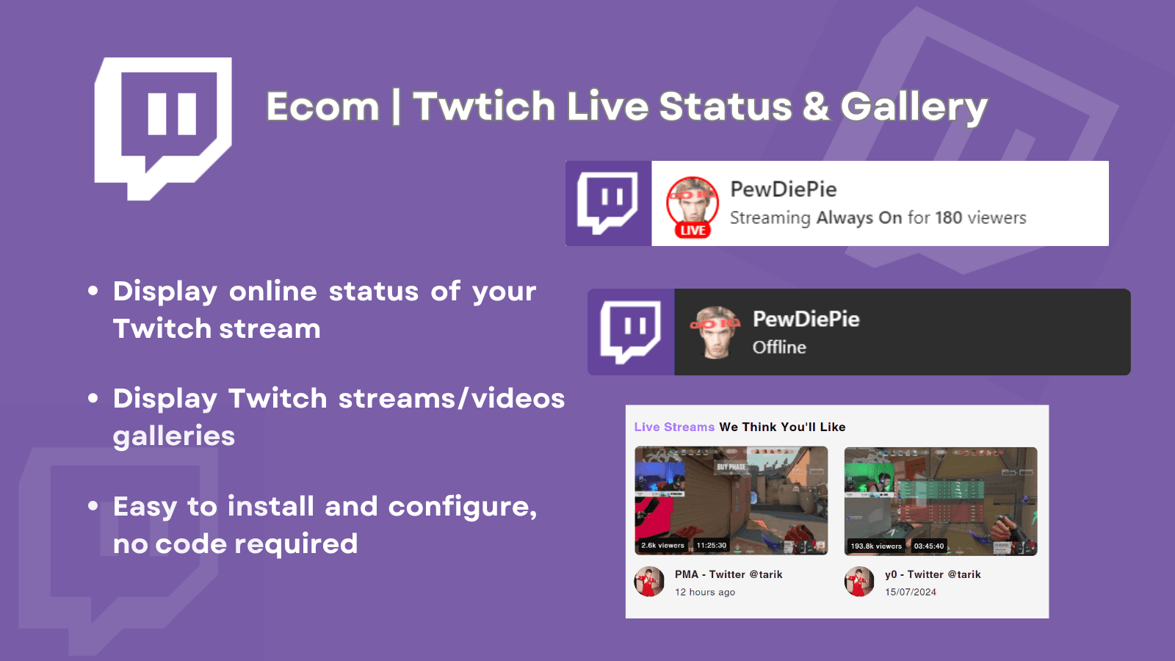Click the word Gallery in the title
coord(914,107)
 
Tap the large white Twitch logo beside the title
coord(163,129)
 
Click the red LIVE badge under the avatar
coord(693,231)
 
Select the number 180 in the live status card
coord(948,217)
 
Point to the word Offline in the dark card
coord(779,347)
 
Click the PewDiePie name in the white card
coord(783,189)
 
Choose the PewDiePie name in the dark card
coord(806,319)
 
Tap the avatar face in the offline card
coord(715,332)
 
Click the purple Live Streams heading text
coord(674,427)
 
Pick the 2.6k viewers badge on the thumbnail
coord(662,546)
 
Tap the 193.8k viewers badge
coord(876,546)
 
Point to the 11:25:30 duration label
coord(712,546)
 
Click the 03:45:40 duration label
coord(929,546)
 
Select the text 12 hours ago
coord(704,592)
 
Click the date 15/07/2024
coord(910,592)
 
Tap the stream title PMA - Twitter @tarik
coord(728,574)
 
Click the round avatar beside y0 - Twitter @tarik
coord(859,582)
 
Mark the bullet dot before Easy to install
coord(93,506)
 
